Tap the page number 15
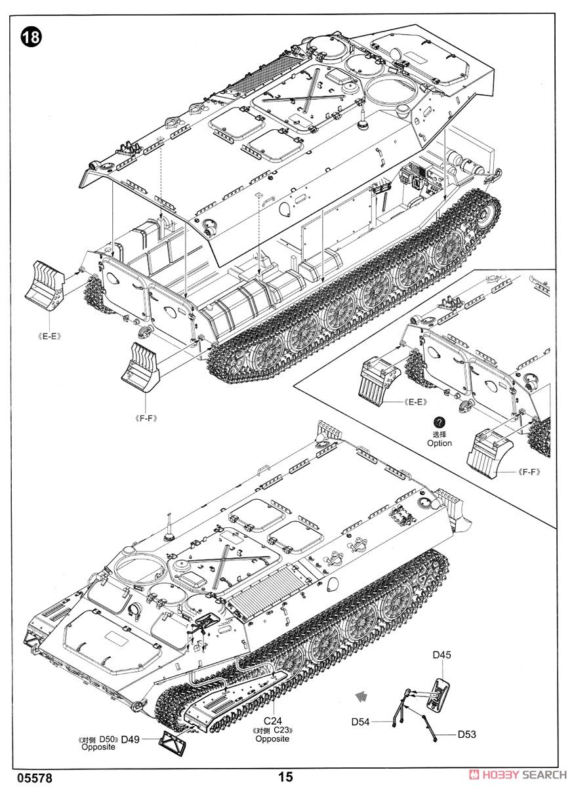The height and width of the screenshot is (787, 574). tap(285, 777)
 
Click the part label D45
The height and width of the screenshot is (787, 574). tap(441, 655)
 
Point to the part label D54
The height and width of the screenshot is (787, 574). tap(360, 721)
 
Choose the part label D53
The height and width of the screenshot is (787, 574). tap(466, 734)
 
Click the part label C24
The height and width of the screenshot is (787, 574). tap(273, 720)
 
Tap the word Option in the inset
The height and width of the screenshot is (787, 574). tap(440, 443)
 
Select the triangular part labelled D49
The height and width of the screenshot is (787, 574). tap(174, 741)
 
